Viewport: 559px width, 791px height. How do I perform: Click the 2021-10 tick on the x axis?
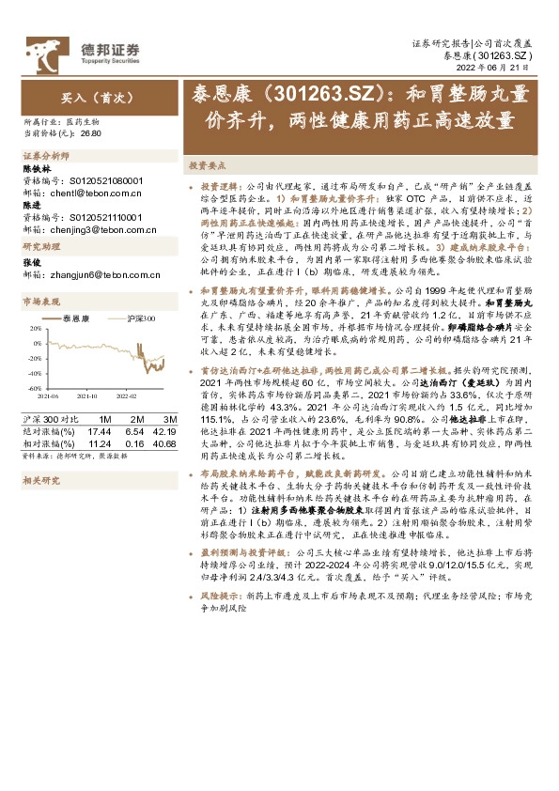89,396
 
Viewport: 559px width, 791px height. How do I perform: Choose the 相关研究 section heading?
42,479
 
